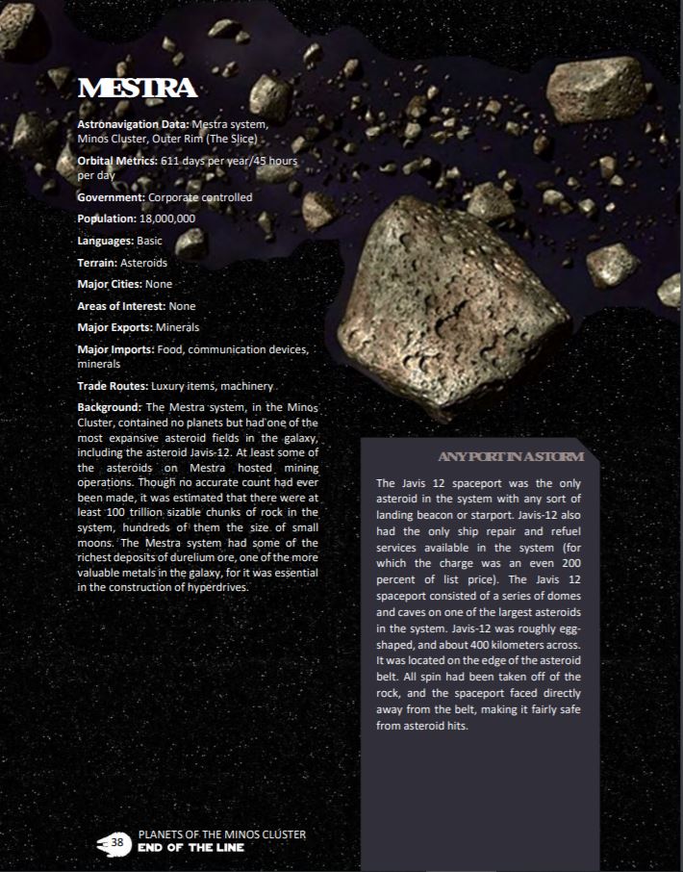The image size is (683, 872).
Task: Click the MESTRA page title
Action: [138, 90]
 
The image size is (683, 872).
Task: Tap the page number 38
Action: [118, 842]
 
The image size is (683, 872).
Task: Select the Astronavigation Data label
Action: [133, 124]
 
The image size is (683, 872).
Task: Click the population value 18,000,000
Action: [167, 218]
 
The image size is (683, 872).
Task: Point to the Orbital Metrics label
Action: [116, 162]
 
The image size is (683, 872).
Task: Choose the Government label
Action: [111, 197]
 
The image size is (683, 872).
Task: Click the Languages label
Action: [106, 241]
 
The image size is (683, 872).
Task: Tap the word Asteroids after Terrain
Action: [144, 262]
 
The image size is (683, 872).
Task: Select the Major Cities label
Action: [110, 284]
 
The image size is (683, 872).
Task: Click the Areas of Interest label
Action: [121, 306]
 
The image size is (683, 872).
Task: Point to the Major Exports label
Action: [114, 327]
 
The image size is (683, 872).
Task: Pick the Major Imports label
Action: [115, 349]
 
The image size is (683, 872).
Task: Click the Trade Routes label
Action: [112, 386]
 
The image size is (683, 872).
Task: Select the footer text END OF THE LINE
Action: [191, 848]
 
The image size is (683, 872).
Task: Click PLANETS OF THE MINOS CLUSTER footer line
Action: [222, 834]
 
